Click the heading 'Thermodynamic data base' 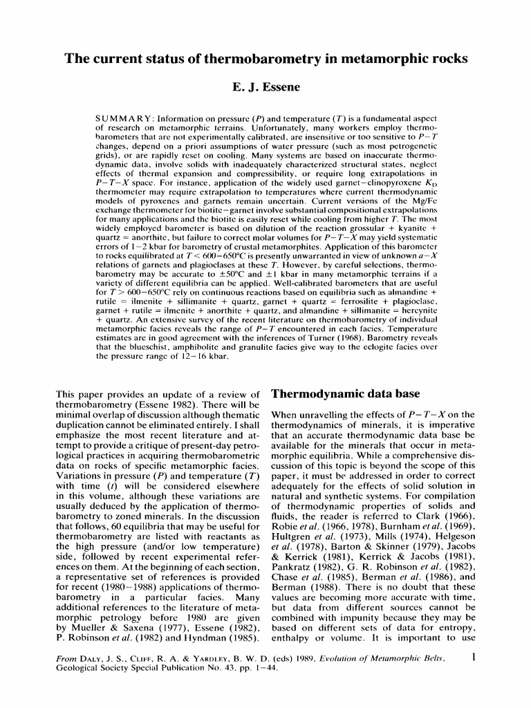coord(345,394)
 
